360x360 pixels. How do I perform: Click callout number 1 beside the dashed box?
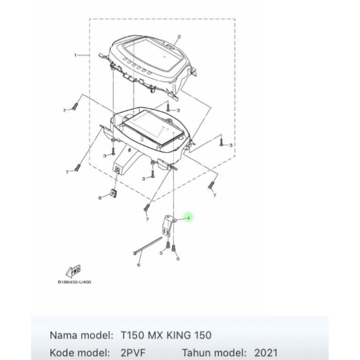click(75, 55)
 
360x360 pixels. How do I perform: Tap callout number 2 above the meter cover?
click(179, 37)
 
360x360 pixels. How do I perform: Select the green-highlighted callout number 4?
click(189, 218)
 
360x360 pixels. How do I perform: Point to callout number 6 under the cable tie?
click(139, 265)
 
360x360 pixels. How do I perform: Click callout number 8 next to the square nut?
click(100, 198)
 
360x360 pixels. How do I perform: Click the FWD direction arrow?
click(73, 271)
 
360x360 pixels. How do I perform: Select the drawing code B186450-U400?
click(75, 282)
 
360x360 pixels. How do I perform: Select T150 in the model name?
click(132, 335)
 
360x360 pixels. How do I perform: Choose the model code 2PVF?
click(133, 353)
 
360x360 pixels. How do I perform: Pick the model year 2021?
click(266, 353)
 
